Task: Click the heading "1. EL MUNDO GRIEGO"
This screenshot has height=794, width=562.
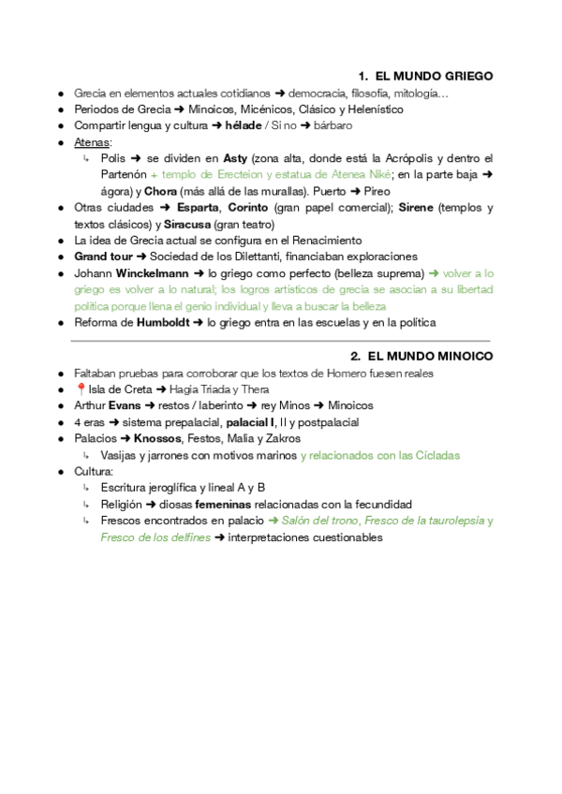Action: click(425, 76)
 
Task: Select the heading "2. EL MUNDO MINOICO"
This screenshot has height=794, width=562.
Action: click(421, 356)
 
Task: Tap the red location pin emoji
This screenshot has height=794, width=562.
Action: click(80, 390)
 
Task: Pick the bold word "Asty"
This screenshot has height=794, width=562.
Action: click(235, 158)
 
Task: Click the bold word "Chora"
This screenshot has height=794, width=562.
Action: click(160, 191)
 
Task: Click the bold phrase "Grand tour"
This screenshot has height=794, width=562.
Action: click(104, 257)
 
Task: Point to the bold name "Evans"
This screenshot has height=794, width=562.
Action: click(125, 405)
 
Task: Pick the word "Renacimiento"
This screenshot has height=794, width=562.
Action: click(318, 241)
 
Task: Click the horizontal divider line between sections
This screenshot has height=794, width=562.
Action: click(281, 341)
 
